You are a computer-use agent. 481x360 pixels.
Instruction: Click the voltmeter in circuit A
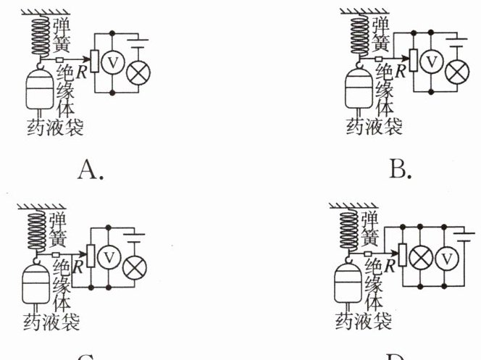(x=114, y=62)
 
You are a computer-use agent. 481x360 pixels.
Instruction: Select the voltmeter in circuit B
(x=432, y=62)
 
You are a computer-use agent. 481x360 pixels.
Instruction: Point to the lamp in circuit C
(x=134, y=267)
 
